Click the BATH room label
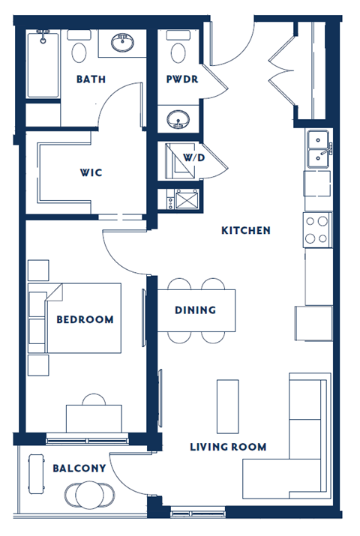(90, 79)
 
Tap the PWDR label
(182, 79)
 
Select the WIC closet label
(91, 172)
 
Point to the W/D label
(194, 158)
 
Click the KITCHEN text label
(245, 230)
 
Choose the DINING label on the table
(195, 310)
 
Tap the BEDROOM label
(85, 319)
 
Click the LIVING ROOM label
(228, 447)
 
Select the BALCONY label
(79, 468)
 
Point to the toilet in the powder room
(178, 49)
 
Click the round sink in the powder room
(178, 118)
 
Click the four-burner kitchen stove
(316, 229)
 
